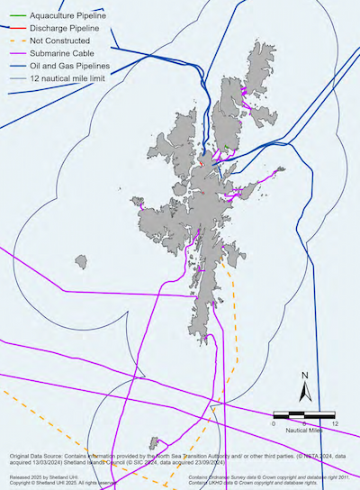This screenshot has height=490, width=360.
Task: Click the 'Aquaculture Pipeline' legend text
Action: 68,17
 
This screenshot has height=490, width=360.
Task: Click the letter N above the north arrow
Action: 305,376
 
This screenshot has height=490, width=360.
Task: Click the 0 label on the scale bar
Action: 274,422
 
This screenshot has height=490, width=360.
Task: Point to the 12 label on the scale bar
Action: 335,422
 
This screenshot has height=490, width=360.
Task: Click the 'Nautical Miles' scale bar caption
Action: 304,431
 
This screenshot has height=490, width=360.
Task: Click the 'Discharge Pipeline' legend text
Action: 65,29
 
